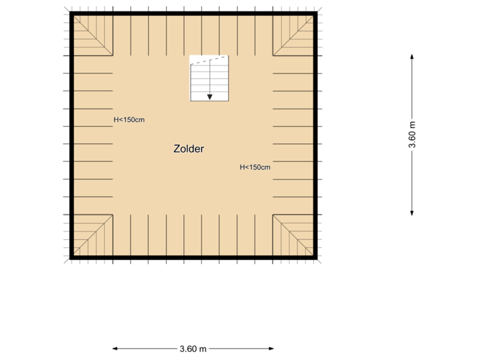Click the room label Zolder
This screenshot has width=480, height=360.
pyautogui.click(x=189, y=149)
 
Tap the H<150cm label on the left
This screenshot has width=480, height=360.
pyautogui.click(x=129, y=120)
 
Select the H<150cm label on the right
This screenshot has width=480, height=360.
pyautogui.click(x=255, y=167)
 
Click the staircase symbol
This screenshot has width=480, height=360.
pyautogui.click(x=209, y=79)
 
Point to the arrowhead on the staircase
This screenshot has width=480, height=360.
pyautogui.click(x=209, y=97)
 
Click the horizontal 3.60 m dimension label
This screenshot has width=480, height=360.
pyautogui.click(x=193, y=348)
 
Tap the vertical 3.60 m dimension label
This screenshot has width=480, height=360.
pyautogui.click(x=412, y=135)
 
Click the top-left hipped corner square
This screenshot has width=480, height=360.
pyautogui.click(x=92, y=35)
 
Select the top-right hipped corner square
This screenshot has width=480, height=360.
pyautogui.click(x=293, y=35)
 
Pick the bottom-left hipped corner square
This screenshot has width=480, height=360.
pyautogui.click(x=92, y=235)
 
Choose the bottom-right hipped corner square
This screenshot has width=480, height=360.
pyautogui.click(x=293, y=235)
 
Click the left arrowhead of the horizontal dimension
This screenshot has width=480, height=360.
pyautogui.click(x=115, y=348)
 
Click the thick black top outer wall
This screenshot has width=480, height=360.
pyautogui.click(x=193, y=13)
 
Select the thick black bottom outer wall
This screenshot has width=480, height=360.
pyautogui.click(x=193, y=257)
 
